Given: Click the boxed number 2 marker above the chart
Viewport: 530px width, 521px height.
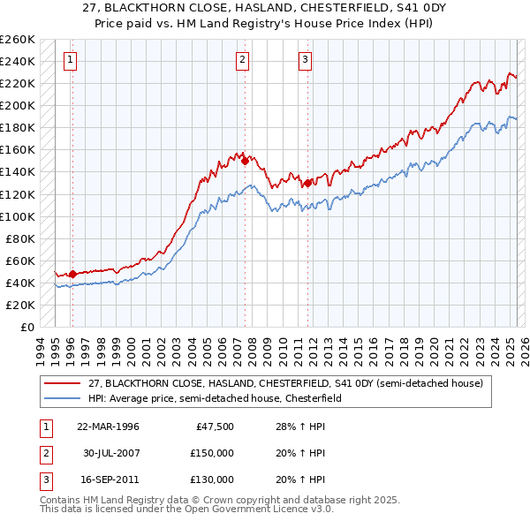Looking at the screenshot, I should coord(242,61).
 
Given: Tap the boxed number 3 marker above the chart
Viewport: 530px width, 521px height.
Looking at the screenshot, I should coord(305,61).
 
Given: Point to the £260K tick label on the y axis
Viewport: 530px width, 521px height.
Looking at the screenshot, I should coord(18,40).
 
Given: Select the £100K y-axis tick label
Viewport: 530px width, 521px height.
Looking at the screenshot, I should coord(18,216).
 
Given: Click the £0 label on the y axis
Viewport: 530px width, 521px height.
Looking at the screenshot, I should coord(26,327).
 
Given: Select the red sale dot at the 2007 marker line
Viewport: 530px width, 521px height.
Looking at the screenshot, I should coord(245,162).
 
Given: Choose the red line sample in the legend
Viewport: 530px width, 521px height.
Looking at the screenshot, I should coord(62,384).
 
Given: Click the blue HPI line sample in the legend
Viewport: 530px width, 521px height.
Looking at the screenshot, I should coord(62,398).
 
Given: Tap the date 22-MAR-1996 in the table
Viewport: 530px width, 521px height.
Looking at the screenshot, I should coord(108,427).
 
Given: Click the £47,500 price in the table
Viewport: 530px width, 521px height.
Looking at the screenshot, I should coord(212,427).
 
